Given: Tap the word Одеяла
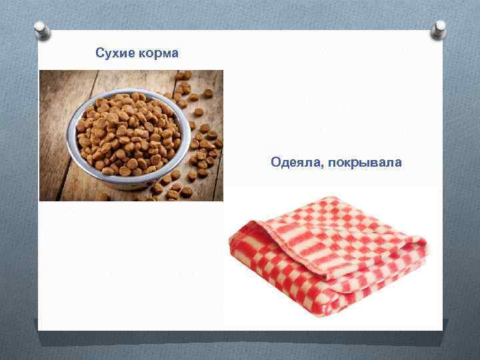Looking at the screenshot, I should coord(295,162).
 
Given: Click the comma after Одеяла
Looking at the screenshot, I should coord(321,165).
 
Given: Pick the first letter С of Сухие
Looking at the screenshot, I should coord(99,53).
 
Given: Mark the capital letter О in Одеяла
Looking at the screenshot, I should coord(275,162).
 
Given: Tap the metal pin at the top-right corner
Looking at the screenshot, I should coord(439,27).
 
